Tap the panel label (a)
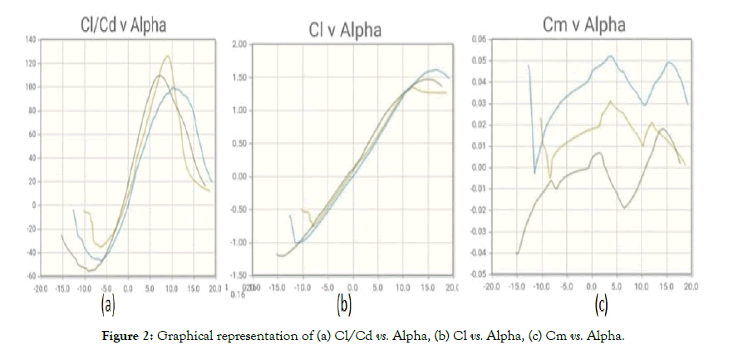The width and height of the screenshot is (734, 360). [108, 306]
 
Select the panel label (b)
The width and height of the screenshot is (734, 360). [343, 306]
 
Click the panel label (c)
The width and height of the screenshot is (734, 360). [601, 306]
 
